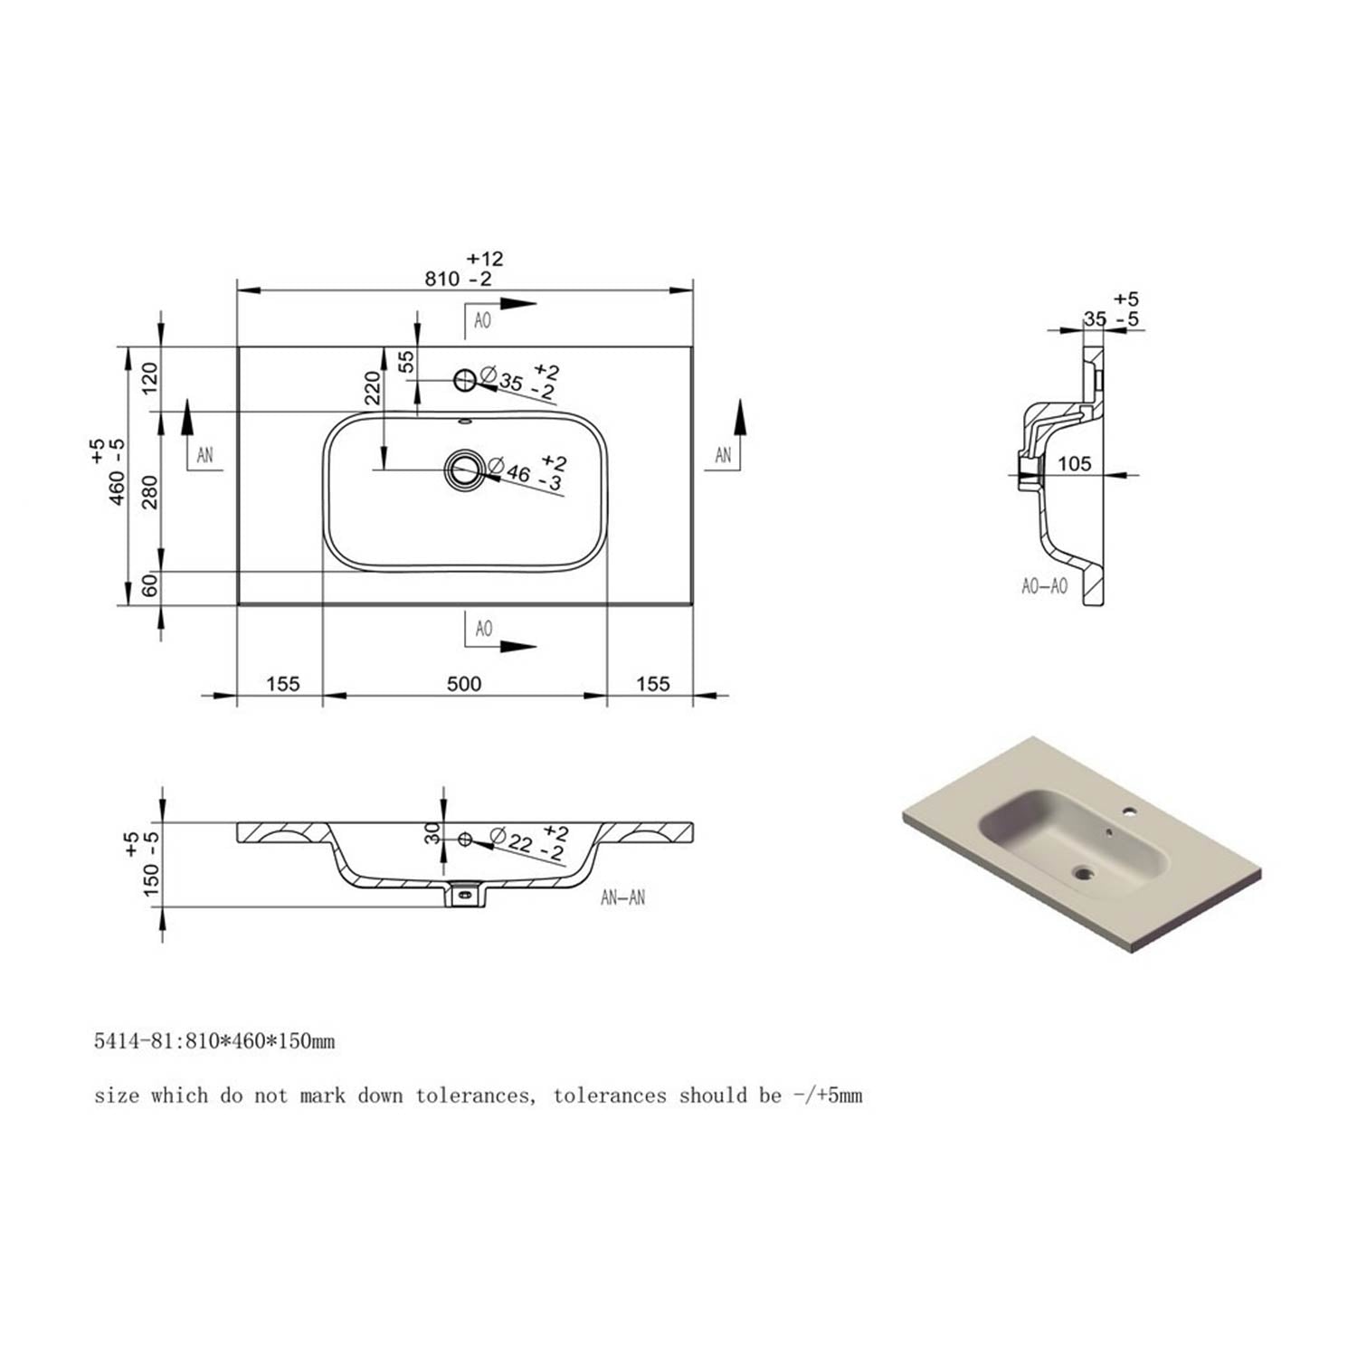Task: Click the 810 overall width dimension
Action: pos(443,279)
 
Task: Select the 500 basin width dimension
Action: pos(464,684)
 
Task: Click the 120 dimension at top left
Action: pos(150,375)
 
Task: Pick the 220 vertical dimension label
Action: pos(372,387)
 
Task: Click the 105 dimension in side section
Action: pos(1074,464)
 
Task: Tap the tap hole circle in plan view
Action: pos(465,381)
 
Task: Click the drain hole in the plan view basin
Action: pos(465,469)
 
